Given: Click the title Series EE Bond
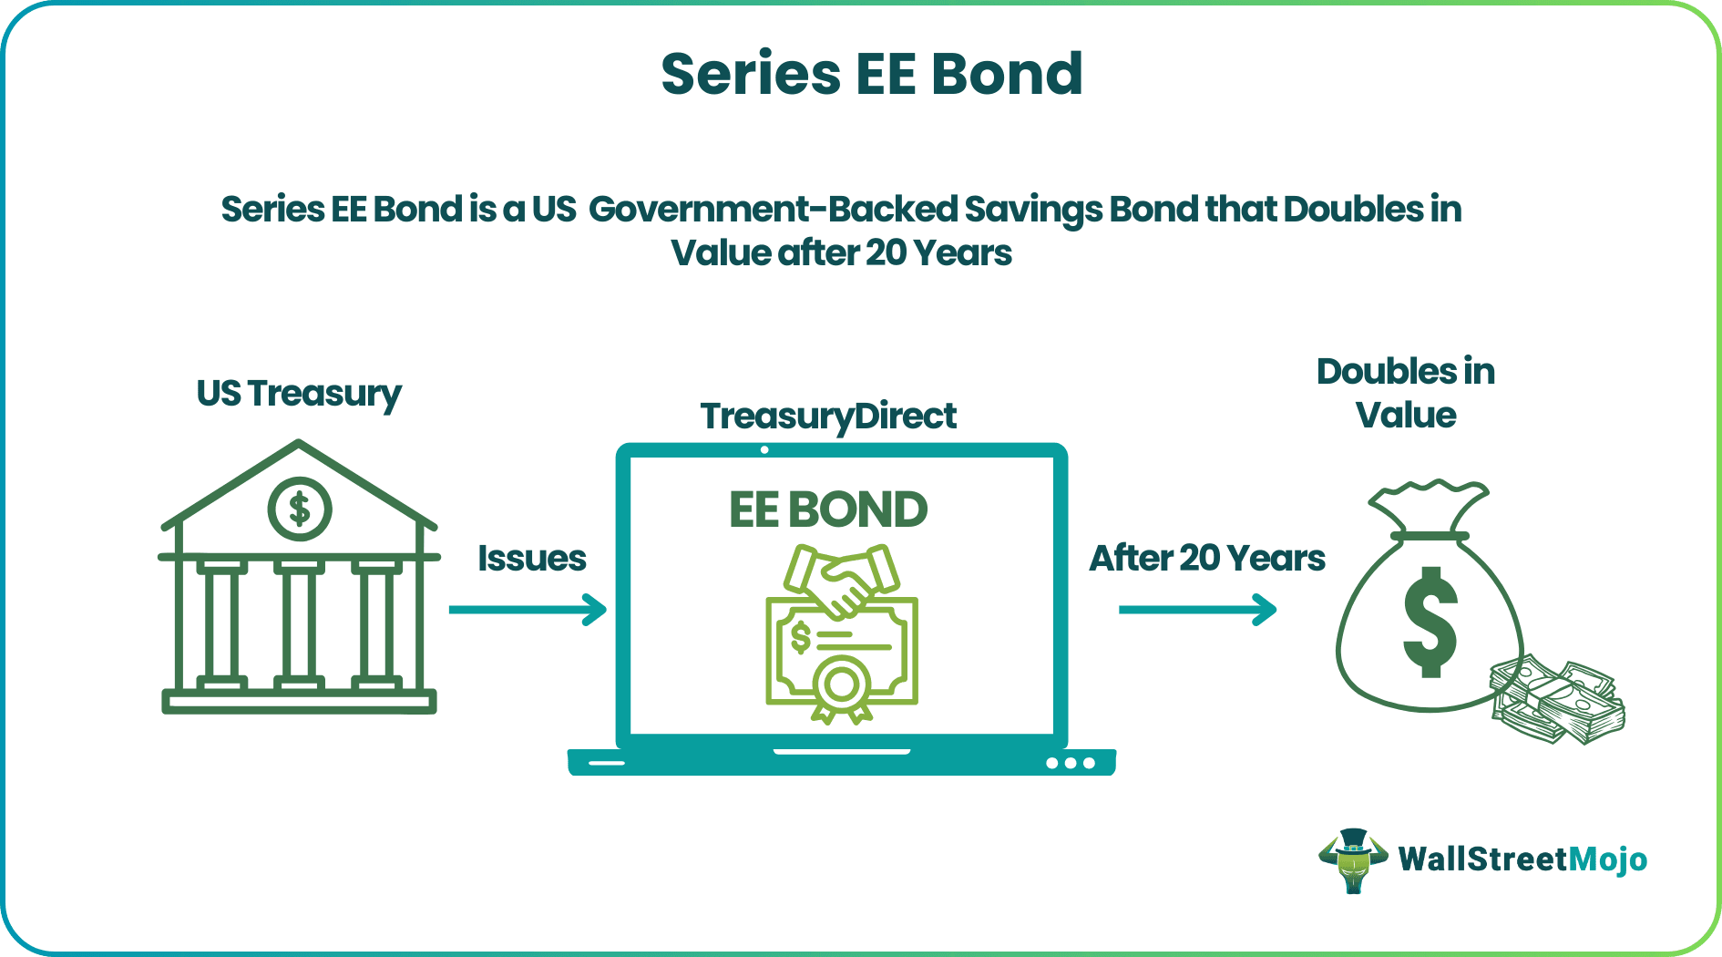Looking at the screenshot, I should [872, 74].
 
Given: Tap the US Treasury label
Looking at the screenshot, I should [299, 394].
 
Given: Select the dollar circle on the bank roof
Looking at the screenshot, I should [299, 509].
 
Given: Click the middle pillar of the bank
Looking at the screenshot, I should [299, 625].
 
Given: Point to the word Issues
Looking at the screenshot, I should [532, 558].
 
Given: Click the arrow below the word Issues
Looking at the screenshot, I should [528, 610].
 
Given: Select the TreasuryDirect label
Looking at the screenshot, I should [828, 417].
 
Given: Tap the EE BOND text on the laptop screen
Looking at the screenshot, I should [828, 509].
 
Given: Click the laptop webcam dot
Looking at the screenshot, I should [764, 450].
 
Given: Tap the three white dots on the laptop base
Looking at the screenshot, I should [1071, 763].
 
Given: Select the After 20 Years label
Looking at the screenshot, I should [1207, 558].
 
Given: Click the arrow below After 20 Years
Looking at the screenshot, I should [1197, 610].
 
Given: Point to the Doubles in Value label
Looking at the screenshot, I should [1406, 393].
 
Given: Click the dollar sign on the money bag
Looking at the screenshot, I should [1430, 623].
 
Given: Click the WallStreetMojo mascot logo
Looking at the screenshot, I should [1353, 859].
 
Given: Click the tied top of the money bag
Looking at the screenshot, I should [1430, 510].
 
